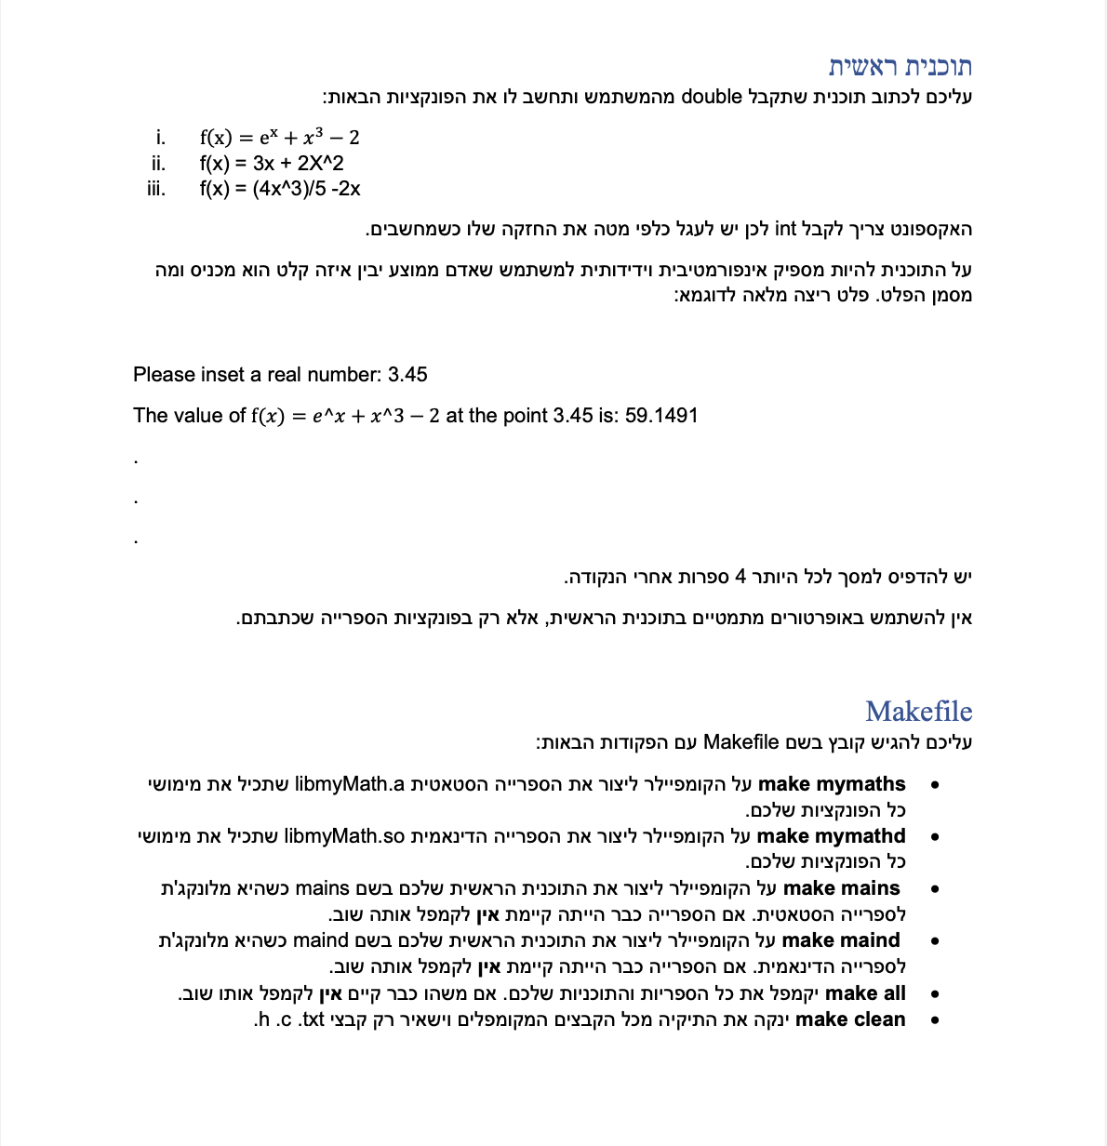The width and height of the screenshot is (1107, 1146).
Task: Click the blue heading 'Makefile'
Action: tap(918, 712)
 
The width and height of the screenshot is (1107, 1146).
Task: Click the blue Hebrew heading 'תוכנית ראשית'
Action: tap(900, 67)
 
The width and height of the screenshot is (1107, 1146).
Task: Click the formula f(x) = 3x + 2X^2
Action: tap(272, 163)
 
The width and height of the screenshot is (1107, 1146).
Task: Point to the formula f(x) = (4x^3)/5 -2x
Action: tap(280, 189)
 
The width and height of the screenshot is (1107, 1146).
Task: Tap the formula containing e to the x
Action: tap(279, 138)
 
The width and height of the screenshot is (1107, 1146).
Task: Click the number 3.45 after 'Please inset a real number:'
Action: tap(407, 375)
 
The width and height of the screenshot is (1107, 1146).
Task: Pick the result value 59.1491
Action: tap(661, 416)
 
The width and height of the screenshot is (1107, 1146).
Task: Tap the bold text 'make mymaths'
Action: tap(832, 784)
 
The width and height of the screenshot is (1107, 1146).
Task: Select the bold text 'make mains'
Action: tap(841, 888)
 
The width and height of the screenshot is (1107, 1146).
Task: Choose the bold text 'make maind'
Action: tap(841, 940)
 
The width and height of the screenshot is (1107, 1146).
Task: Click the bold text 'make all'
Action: tap(865, 993)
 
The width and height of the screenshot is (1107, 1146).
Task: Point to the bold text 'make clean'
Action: tap(850, 1019)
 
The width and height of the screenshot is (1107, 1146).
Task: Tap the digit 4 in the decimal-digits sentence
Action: tap(740, 578)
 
